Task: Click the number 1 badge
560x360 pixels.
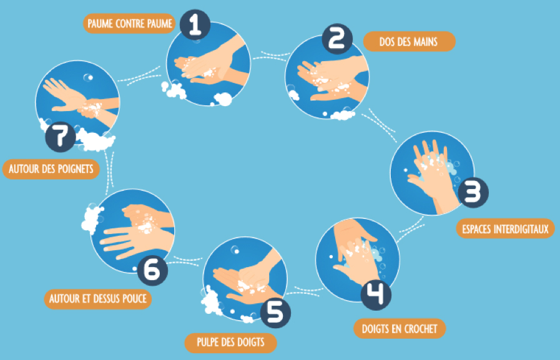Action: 195,24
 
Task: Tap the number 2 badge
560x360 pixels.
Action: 337,39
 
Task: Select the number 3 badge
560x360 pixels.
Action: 473,193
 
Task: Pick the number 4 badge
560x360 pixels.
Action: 376,295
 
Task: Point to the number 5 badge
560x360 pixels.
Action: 275,313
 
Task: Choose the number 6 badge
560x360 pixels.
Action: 152,270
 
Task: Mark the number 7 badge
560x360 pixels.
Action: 61,137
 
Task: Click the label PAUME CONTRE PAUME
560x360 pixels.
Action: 129,24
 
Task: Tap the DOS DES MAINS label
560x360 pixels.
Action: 410,41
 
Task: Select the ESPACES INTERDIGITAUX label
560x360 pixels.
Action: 505,228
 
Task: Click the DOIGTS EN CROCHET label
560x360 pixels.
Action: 400,328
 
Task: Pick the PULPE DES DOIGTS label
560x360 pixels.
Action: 231,342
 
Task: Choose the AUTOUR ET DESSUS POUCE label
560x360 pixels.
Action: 98,299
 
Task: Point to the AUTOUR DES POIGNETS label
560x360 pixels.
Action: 51,168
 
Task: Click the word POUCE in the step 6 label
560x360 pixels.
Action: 134,299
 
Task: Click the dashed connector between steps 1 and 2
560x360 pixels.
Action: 270,56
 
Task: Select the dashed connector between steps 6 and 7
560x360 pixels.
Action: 110,168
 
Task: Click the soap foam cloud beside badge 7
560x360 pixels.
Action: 96,140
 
